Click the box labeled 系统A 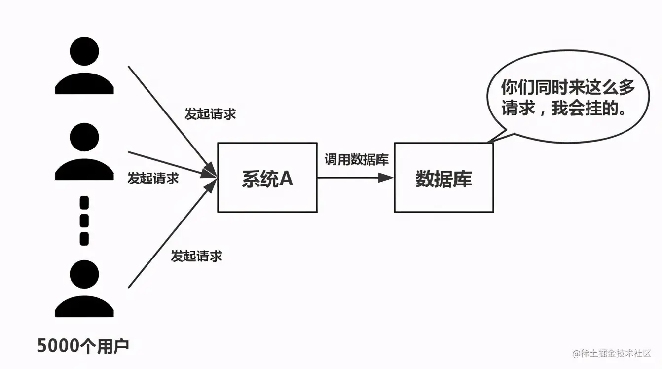click(267, 178)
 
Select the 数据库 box click(443, 178)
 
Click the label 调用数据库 click(356, 159)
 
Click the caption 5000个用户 click(83, 346)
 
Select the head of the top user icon click(84, 51)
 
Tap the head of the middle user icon click(84, 137)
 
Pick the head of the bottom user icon click(84, 275)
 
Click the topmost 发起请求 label click(210, 114)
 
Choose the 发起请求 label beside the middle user click(153, 178)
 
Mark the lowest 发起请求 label click(196, 256)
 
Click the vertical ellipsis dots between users click(84, 221)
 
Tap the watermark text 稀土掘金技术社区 click(615, 353)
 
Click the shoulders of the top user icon click(84, 84)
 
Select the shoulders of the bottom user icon click(84, 307)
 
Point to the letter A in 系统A click(286, 179)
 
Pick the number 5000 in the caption click(57, 346)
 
